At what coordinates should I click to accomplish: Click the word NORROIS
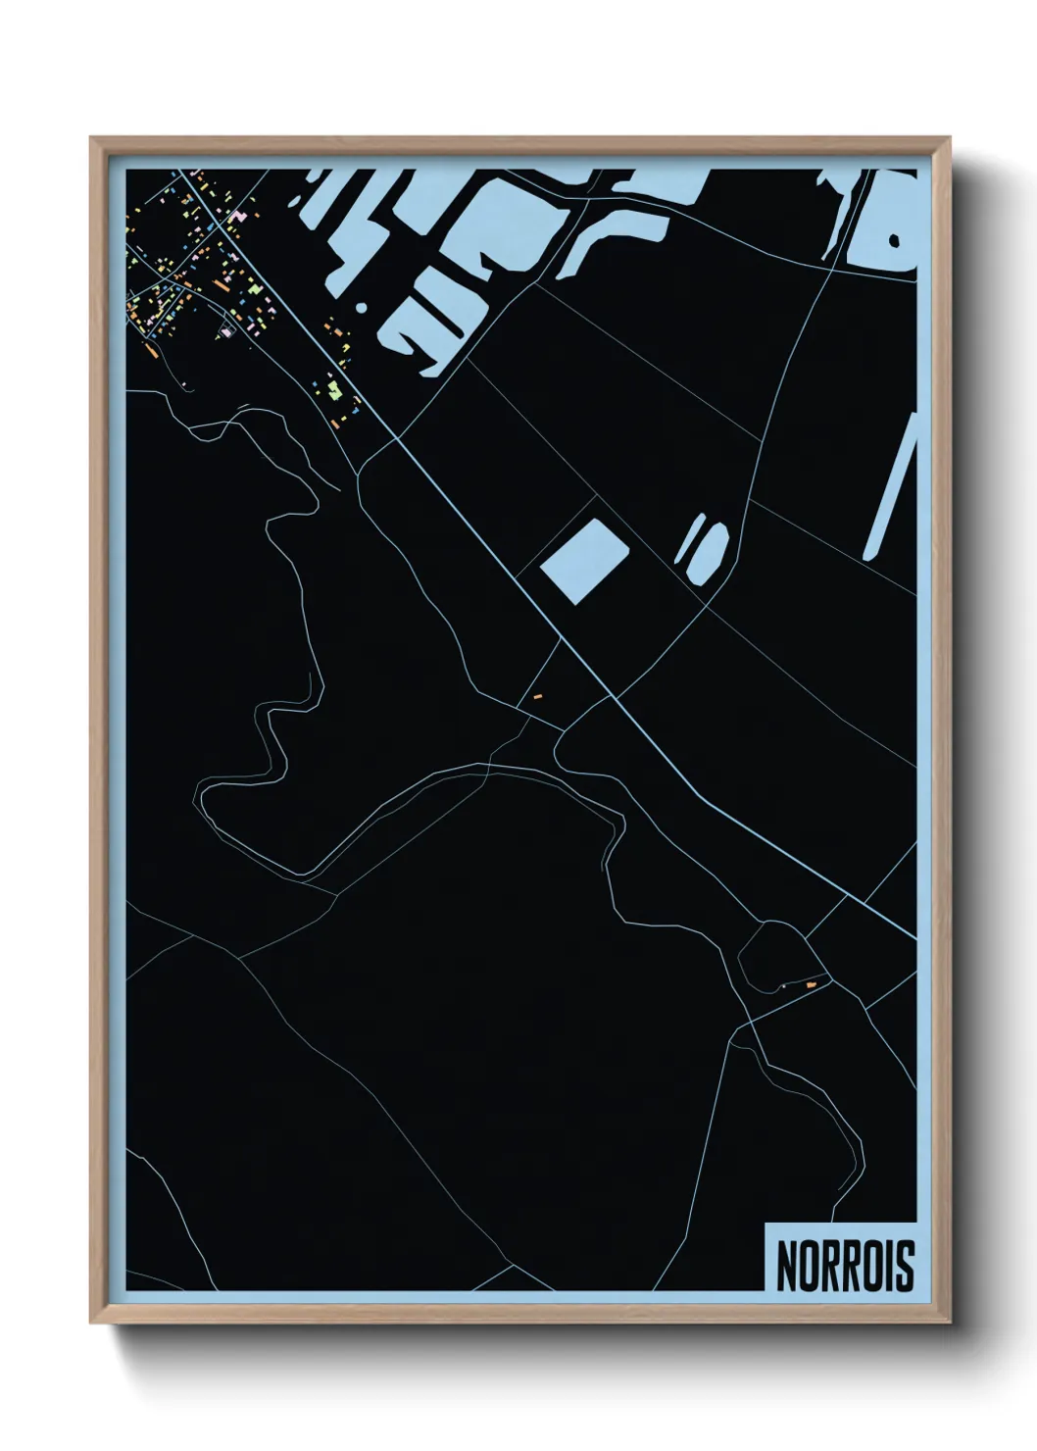[x=845, y=1265]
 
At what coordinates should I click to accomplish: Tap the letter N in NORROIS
[x=786, y=1265]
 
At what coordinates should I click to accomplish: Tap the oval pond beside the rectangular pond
[x=709, y=551]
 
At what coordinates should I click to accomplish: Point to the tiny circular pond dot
[x=361, y=307]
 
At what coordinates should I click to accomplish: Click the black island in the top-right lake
[x=894, y=239]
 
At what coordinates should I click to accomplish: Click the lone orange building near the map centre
[x=537, y=696]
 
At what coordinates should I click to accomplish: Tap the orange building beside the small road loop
[x=811, y=983]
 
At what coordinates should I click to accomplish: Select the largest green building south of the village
[x=335, y=391]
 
